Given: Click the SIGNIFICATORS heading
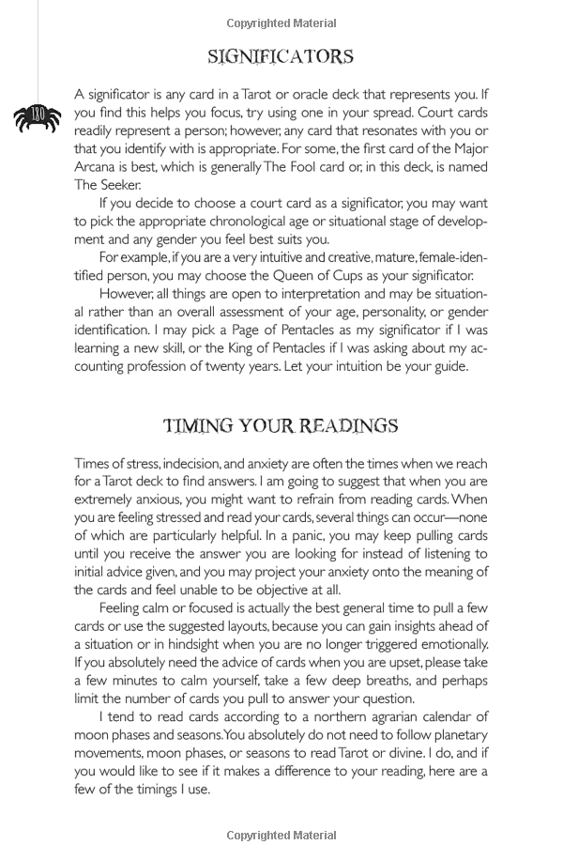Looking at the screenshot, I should pyautogui.click(x=281, y=57).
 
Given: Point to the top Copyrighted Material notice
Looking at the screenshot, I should pyautogui.click(x=281, y=23).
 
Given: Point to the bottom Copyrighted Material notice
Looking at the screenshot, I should pyautogui.click(x=281, y=835).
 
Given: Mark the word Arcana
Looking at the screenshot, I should pyautogui.click(x=98, y=167).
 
